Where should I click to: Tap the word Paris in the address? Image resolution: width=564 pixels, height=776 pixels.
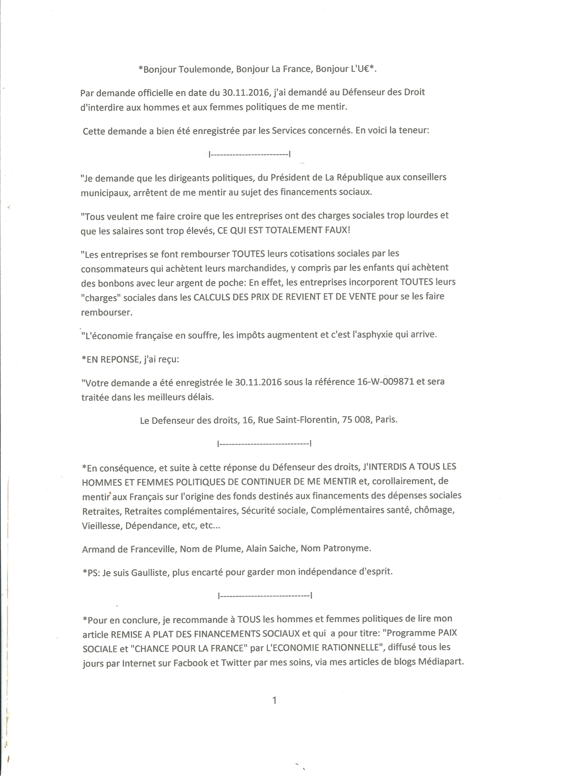[386, 420]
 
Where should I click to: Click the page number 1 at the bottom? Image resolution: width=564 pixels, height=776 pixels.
[274, 700]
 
